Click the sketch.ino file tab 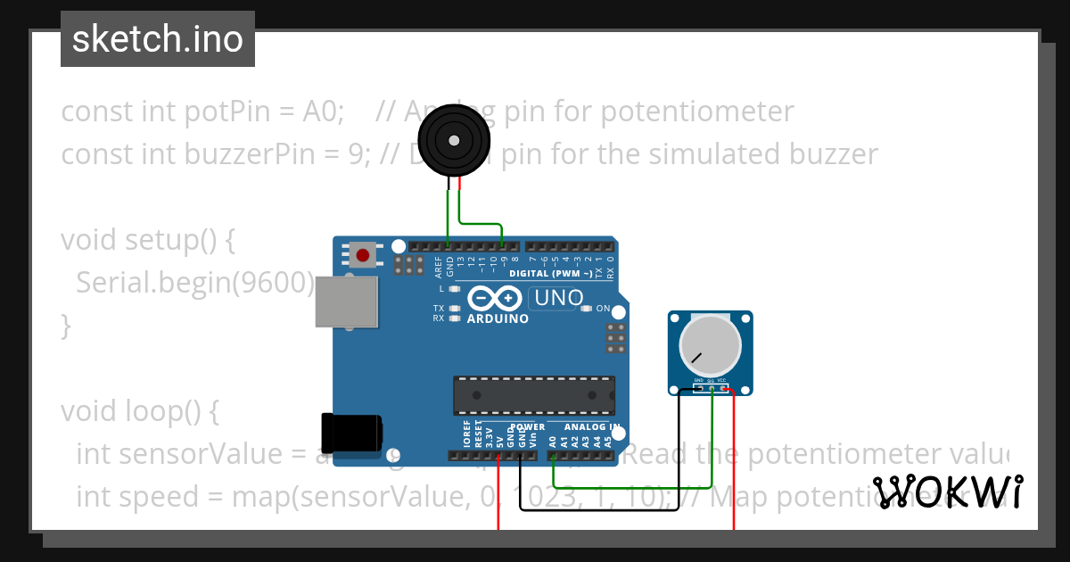158,39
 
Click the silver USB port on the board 346,301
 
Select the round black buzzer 454,140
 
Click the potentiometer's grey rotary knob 710,346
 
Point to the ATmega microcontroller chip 534,392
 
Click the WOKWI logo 947,492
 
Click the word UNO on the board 558,298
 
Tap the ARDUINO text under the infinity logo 498,318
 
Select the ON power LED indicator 586,309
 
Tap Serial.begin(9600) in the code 195,283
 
